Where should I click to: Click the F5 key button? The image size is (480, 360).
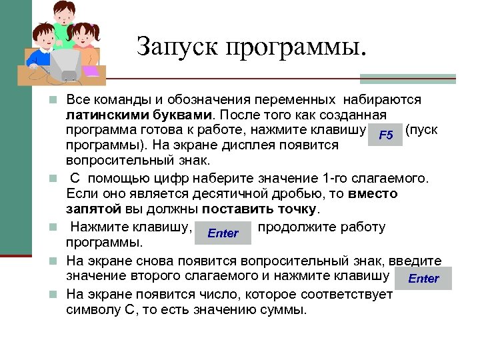(x=385, y=136)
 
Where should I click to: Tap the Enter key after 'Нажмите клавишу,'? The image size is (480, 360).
(x=223, y=233)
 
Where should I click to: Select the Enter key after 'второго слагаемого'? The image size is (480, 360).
(x=423, y=278)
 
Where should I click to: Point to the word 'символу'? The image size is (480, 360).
(x=94, y=310)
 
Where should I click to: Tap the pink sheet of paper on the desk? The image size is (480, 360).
(x=90, y=71)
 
